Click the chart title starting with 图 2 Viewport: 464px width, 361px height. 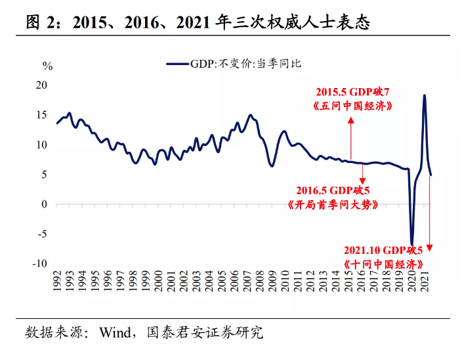click(x=198, y=24)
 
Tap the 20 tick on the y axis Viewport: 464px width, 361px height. click(x=41, y=85)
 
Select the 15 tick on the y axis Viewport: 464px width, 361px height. click(x=41, y=115)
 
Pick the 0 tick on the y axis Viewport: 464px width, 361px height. click(x=44, y=204)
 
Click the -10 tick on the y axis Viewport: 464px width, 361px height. click(x=39, y=263)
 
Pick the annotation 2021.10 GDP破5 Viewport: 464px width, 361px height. click(x=389, y=250)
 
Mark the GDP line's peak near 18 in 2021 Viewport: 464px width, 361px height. click(x=424, y=96)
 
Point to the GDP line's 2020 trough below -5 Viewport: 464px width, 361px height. click(x=412, y=243)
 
